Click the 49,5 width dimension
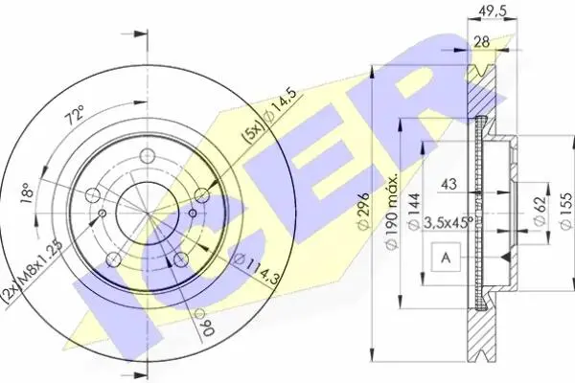click(x=493, y=11)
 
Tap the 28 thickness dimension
click(x=481, y=42)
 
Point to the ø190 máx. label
click(x=391, y=213)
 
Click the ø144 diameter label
click(x=414, y=211)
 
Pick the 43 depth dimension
click(x=448, y=184)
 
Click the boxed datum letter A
click(x=446, y=257)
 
